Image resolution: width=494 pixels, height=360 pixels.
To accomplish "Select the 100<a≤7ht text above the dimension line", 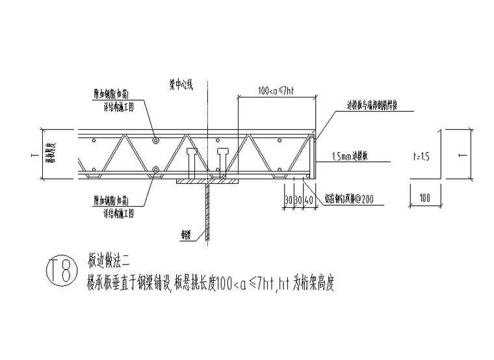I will point(273,92).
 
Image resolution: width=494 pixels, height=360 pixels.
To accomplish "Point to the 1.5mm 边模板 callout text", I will point(354,157).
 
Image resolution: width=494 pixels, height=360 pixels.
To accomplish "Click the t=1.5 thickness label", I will point(421,155).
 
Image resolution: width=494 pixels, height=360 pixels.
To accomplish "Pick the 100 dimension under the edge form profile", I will point(425,196).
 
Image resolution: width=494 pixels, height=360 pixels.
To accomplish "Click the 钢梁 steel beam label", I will point(187,232).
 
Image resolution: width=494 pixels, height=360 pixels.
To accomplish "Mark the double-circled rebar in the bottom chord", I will point(155,172).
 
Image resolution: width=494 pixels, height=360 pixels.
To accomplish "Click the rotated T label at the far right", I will point(462,155).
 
